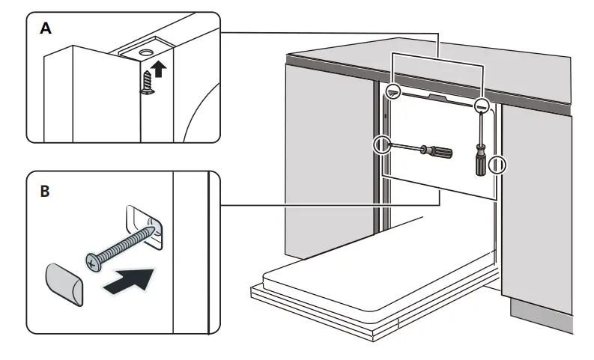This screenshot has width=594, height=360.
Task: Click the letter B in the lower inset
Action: (x=45, y=192)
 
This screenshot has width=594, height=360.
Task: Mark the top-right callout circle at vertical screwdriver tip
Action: (x=482, y=106)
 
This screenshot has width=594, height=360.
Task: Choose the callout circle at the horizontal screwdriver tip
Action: (x=383, y=144)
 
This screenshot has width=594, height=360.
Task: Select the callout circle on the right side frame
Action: (x=497, y=164)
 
